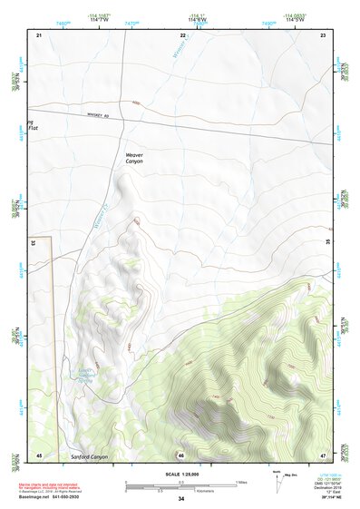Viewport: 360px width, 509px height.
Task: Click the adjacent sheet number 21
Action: [x=39, y=34]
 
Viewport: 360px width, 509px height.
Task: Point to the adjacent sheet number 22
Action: [x=182, y=34]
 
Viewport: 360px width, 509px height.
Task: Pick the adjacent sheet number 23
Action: [x=323, y=34]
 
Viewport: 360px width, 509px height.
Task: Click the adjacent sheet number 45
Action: [x=39, y=454]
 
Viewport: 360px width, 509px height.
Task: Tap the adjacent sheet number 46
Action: [x=181, y=454]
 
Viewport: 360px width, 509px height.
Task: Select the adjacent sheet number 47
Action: [x=323, y=454]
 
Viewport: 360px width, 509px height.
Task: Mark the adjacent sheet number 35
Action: [x=326, y=242]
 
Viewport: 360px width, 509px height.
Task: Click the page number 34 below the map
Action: [x=181, y=499]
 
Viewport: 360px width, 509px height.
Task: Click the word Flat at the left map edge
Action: [x=34, y=128]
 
